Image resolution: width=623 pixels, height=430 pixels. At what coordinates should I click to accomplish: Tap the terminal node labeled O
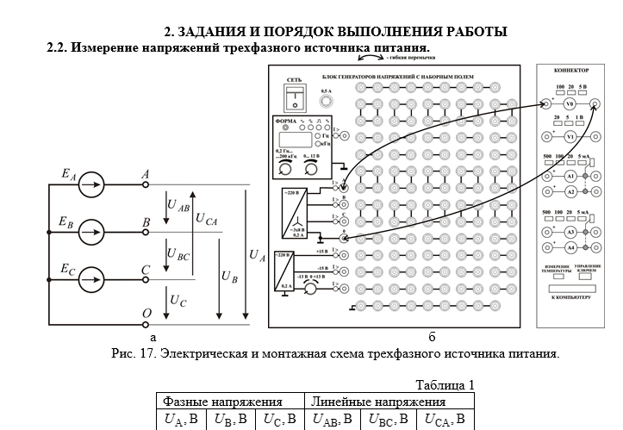point(146,327)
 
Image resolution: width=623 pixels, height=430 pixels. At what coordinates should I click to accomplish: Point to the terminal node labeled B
point(146,231)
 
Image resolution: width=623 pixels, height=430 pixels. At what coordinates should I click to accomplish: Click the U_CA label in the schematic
point(206,221)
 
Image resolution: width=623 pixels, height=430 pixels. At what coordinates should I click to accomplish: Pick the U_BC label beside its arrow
point(178,256)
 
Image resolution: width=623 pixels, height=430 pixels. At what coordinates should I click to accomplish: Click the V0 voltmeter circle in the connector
point(570,104)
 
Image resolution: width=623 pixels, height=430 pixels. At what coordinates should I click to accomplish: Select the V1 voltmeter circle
point(570,137)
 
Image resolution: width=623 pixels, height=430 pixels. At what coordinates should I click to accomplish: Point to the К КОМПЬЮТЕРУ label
point(570,296)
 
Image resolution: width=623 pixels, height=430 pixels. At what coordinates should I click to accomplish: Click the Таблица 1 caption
point(445,384)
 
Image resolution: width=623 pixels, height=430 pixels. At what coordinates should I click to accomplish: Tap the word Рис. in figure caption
point(125,353)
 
